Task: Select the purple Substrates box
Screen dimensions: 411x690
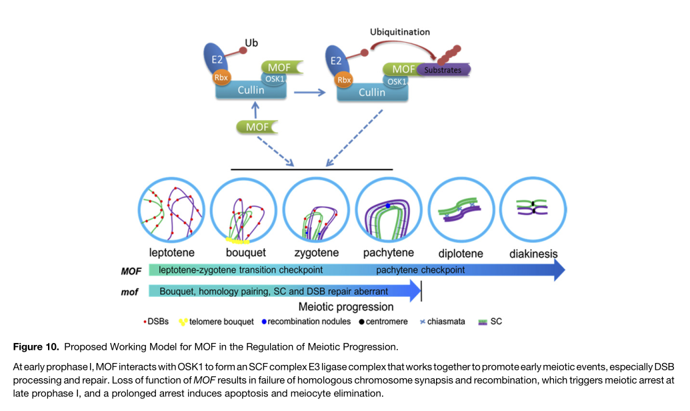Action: click(443, 69)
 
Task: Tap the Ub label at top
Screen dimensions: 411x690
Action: click(251, 43)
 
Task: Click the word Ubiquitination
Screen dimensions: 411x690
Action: click(400, 31)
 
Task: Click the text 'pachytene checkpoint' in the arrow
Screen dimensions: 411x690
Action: click(420, 270)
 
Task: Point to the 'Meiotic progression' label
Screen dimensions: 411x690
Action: click(346, 307)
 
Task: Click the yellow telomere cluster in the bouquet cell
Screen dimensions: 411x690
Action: click(237, 239)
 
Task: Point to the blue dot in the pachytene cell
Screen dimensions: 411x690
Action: click(387, 205)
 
